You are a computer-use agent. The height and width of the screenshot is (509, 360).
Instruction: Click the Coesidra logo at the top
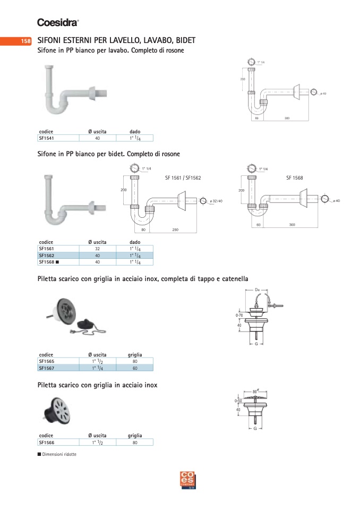tap(58, 22)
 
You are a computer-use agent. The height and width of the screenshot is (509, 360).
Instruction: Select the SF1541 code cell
tap(47, 138)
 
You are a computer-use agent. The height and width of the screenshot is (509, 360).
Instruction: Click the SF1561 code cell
tap(47, 248)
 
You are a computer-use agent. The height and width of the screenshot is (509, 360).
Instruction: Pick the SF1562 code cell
tap(47, 255)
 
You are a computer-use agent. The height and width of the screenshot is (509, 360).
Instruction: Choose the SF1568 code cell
tap(48, 262)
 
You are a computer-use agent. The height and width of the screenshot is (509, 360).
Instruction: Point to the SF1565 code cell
tap(47, 361)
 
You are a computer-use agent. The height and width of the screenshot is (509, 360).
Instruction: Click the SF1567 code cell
tap(47, 368)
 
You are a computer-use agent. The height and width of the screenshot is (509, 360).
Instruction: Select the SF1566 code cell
tap(47, 442)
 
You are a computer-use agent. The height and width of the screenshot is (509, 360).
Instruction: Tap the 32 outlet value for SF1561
tap(97, 248)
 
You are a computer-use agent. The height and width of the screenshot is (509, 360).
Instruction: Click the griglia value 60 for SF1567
tap(135, 368)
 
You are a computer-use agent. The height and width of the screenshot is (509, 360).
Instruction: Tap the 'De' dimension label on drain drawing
tap(258, 290)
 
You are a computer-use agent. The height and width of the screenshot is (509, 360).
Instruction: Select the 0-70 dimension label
tap(239, 316)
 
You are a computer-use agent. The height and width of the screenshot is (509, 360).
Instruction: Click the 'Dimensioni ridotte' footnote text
tap(59, 454)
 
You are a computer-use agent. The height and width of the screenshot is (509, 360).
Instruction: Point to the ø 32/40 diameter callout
tap(216, 201)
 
